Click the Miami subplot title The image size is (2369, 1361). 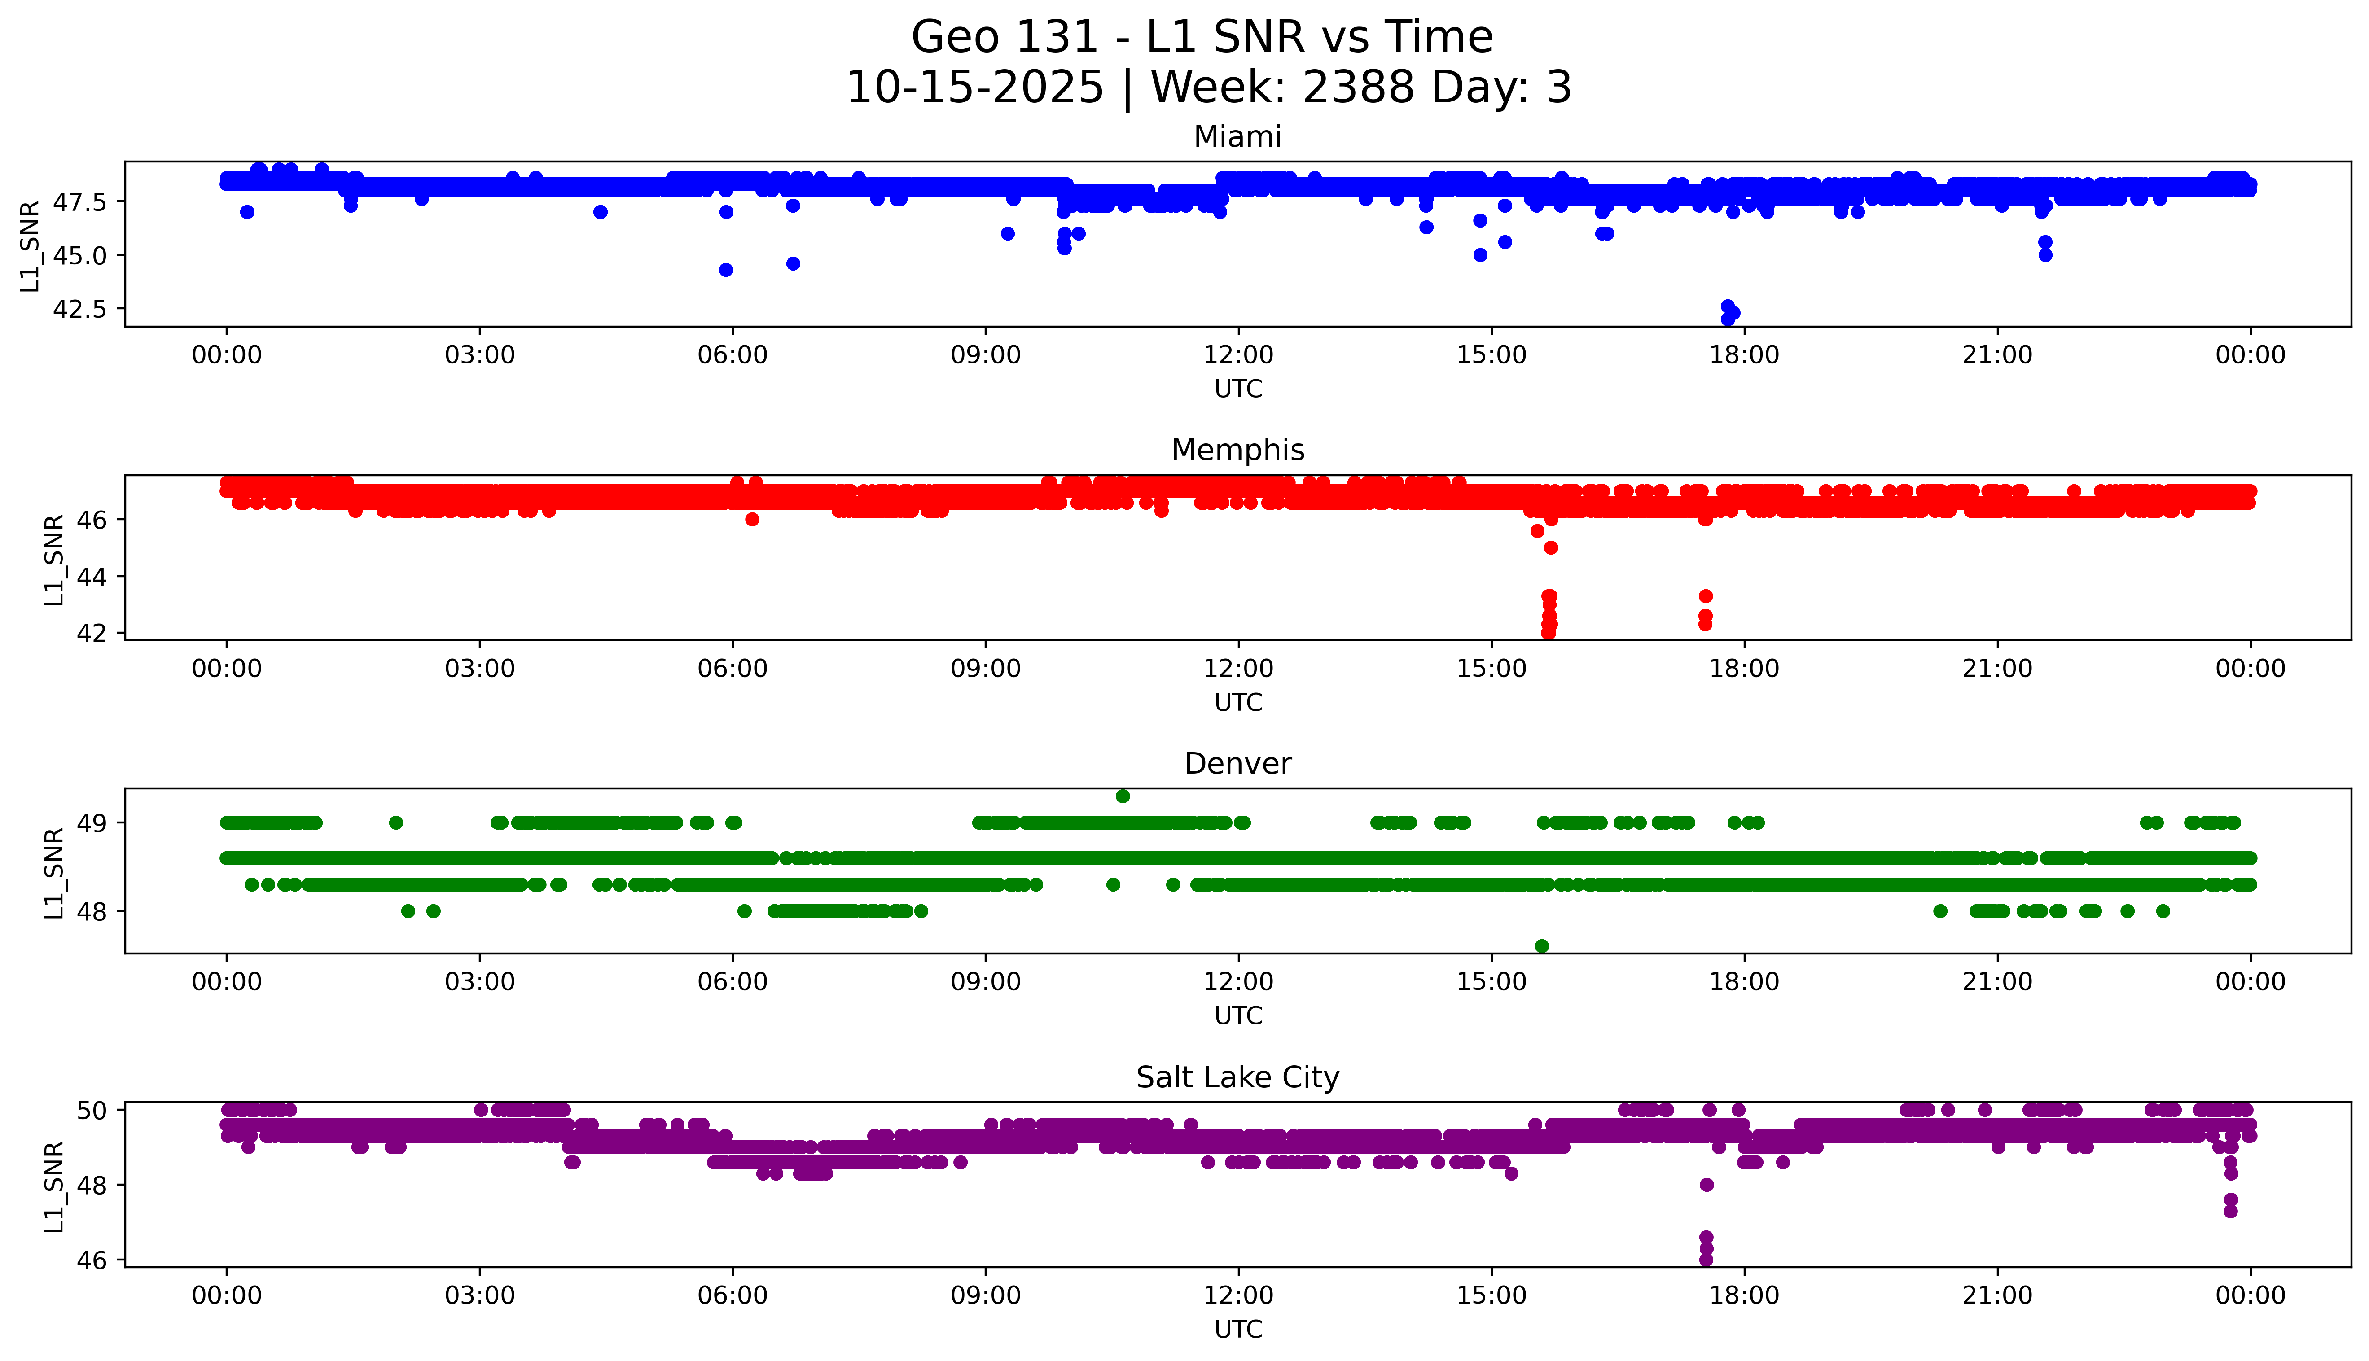point(1237,137)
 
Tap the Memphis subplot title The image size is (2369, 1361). point(1237,451)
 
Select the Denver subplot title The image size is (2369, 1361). point(1237,764)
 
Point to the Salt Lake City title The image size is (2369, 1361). point(1237,1078)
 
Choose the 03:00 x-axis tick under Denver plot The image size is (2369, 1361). point(480,981)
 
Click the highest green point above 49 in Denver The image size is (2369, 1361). point(1123,796)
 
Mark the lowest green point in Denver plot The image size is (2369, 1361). point(1542,946)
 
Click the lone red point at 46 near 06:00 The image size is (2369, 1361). point(752,520)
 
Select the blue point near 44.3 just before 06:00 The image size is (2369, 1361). point(725,270)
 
